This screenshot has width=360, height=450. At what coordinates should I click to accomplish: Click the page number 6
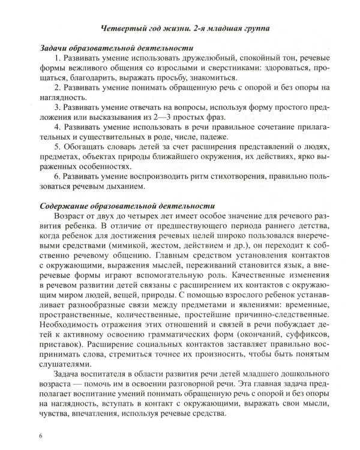(41, 435)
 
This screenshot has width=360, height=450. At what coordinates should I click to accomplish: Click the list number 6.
(56, 178)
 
